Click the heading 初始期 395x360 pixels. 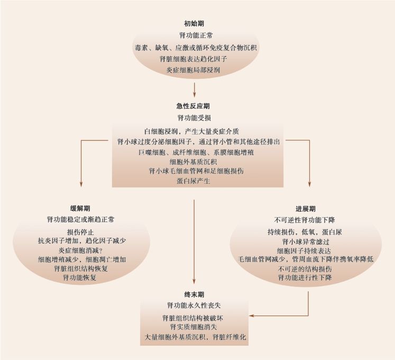coord(194,24)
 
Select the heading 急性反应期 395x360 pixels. coord(193,106)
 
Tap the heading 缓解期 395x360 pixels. coord(80,209)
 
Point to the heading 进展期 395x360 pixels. coord(305,209)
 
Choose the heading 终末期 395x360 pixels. coord(194,295)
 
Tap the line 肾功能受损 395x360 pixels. coord(194,118)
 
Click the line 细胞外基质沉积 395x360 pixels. coord(193,161)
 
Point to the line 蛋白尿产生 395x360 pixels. coord(193,181)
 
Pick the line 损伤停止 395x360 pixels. coord(80,232)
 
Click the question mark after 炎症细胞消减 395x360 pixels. coord(104,250)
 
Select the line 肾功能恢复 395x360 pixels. coord(80,278)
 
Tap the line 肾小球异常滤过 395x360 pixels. coord(306,242)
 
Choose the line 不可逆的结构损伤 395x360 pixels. coord(305,268)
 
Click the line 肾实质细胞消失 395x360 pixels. coord(194,327)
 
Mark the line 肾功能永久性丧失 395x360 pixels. coord(194,305)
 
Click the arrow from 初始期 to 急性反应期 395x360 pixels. coord(194,90)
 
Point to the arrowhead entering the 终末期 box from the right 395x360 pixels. coord(251,316)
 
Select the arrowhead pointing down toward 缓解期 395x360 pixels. coord(81,184)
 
